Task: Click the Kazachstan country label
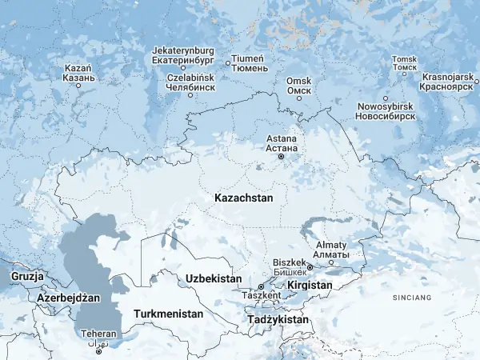(x=244, y=197)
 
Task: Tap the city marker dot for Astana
(x=281, y=157)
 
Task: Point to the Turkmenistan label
(x=168, y=314)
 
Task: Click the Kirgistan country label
(x=310, y=285)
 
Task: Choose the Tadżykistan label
(x=278, y=319)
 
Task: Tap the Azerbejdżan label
(x=69, y=298)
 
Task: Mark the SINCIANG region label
(x=411, y=298)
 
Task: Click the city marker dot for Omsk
(x=298, y=98)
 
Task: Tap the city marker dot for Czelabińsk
(x=190, y=95)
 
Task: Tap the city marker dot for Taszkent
(x=260, y=286)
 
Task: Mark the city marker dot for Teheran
(x=98, y=351)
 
